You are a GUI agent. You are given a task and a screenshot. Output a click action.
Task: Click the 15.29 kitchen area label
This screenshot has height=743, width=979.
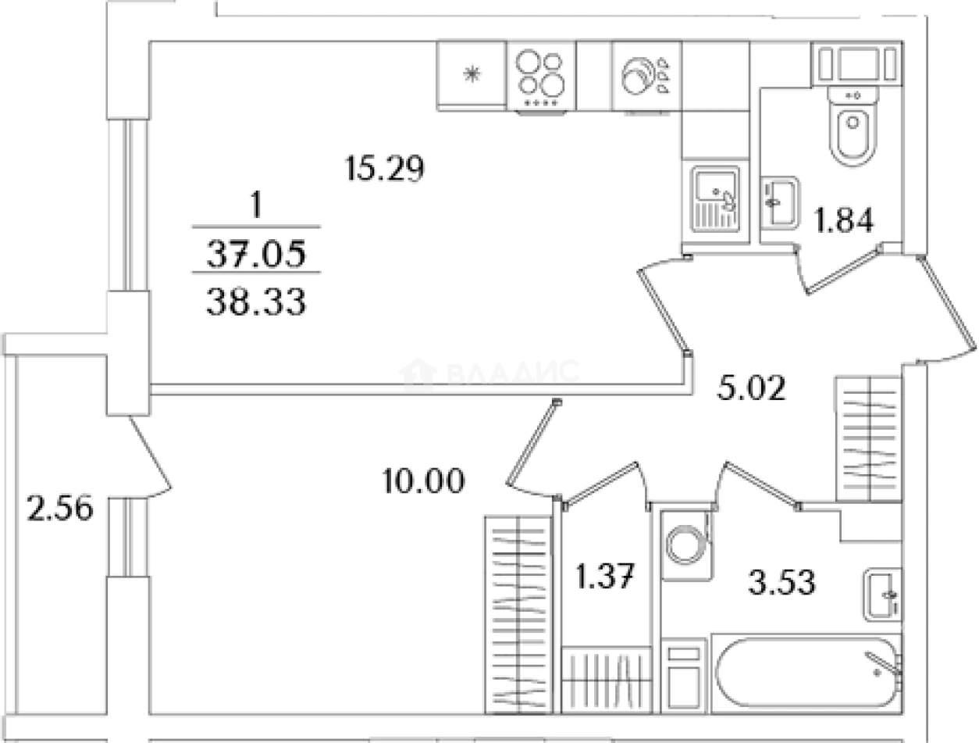point(384,168)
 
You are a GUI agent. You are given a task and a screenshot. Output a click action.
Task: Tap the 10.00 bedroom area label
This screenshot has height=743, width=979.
point(424,480)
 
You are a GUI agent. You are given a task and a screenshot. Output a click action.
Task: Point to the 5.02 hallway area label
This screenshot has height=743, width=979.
point(751,388)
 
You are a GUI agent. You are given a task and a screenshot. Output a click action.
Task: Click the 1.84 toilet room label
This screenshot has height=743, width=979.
point(843,220)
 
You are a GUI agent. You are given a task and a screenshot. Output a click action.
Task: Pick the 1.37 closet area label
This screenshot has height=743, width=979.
point(605,576)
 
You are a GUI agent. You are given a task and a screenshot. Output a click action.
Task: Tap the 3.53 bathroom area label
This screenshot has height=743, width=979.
point(781,581)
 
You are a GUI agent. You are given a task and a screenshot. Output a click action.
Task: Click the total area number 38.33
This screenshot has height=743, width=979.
point(256,302)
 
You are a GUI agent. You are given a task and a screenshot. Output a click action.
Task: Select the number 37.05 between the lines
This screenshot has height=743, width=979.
point(256,253)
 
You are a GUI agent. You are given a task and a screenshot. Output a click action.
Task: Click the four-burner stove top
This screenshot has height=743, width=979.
point(542,78)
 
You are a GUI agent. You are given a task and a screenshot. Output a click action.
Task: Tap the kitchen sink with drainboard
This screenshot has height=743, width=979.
point(715,199)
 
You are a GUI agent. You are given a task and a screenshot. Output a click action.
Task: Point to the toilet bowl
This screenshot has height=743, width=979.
point(853,126)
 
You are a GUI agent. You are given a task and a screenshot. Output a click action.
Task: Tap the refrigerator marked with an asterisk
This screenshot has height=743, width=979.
point(472,75)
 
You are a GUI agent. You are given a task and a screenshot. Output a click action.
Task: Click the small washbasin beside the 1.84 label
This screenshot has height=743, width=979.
point(780,203)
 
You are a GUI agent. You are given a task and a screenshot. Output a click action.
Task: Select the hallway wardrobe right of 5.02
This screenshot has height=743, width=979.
point(868,438)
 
